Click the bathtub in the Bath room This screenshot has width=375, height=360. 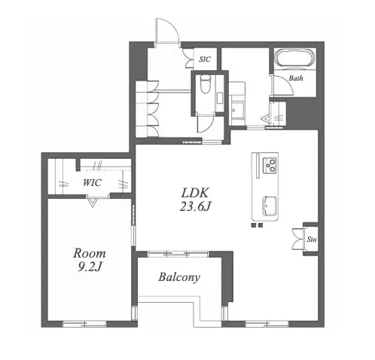[x=294, y=58]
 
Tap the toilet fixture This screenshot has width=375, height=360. [x=206, y=84]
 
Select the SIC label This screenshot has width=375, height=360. [x=205, y=59]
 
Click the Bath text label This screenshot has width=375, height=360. [x=296, y=78]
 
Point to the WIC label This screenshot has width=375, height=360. [x=92, y=182]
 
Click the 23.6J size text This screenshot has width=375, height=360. [x=194, y=207]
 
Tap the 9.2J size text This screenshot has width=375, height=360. [x=89, y=267]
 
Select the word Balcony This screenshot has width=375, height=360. [x=179, y=277]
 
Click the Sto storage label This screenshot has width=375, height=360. [x=312, y=239]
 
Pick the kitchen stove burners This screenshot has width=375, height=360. [x=270, y=165]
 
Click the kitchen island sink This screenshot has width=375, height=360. [x=270, y=206]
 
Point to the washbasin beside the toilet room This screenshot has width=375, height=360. [x=237, y=110]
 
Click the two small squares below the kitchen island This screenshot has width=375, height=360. [x=257, y=225]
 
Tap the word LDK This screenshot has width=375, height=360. [x=195, y=194]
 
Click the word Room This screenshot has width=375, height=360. [x=90, y=253]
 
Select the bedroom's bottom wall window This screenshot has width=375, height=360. [x=85, y=324]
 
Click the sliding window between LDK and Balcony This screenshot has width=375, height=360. [x=178, y=254]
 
